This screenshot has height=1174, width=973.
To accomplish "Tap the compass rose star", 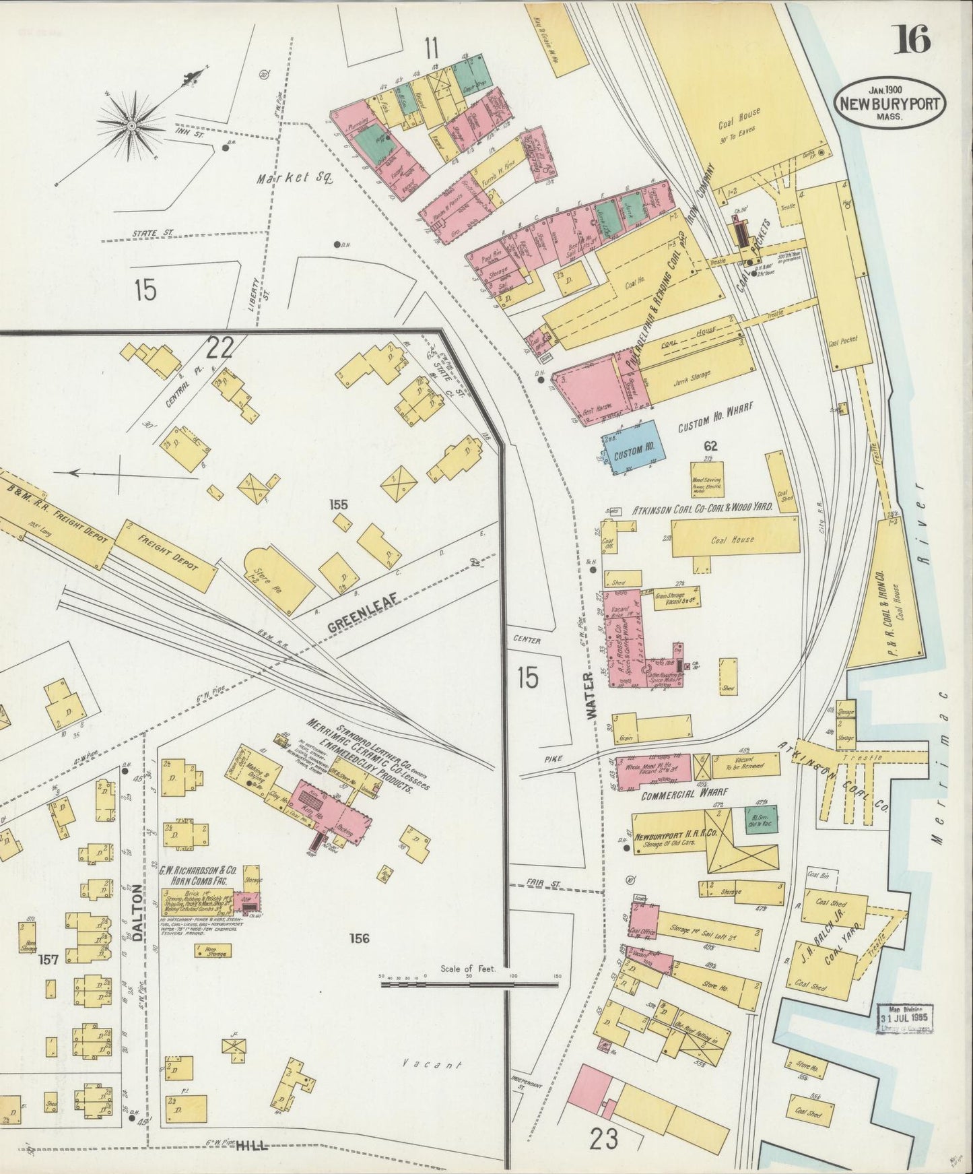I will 132,126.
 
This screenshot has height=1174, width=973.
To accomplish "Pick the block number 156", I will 359,938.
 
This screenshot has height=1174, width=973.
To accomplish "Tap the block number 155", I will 339,504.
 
